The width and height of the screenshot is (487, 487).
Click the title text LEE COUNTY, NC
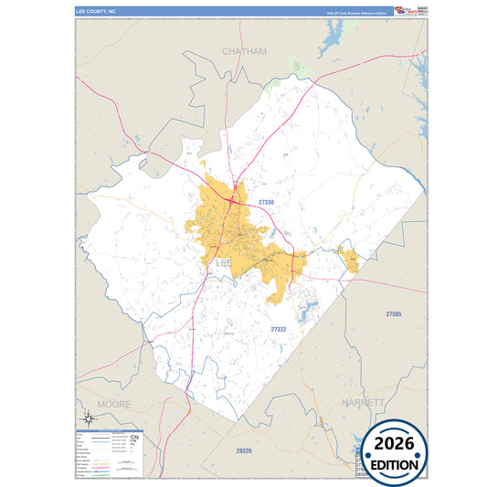pos(96,13)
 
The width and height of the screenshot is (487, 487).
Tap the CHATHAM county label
pos(244,52)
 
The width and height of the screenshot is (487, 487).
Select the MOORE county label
pos(115,403)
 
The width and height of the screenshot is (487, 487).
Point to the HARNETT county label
pos(364,402)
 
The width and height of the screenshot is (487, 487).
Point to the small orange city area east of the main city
pos(348,259)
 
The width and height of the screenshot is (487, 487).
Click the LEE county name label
pos(225,263)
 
